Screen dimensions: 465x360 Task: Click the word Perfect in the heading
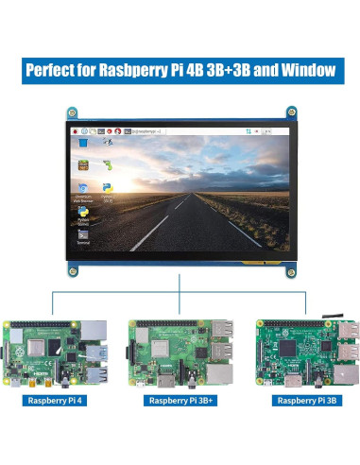(49, 71)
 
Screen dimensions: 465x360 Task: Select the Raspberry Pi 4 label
(56, 401)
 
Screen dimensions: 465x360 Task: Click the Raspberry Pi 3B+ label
(179, 401)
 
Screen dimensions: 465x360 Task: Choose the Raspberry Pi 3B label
(304, 401)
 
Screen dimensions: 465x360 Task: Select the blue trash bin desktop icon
(83, 143)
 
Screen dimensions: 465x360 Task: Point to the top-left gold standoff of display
(71, 112)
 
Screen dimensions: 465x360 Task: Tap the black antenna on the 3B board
(333, 310)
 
